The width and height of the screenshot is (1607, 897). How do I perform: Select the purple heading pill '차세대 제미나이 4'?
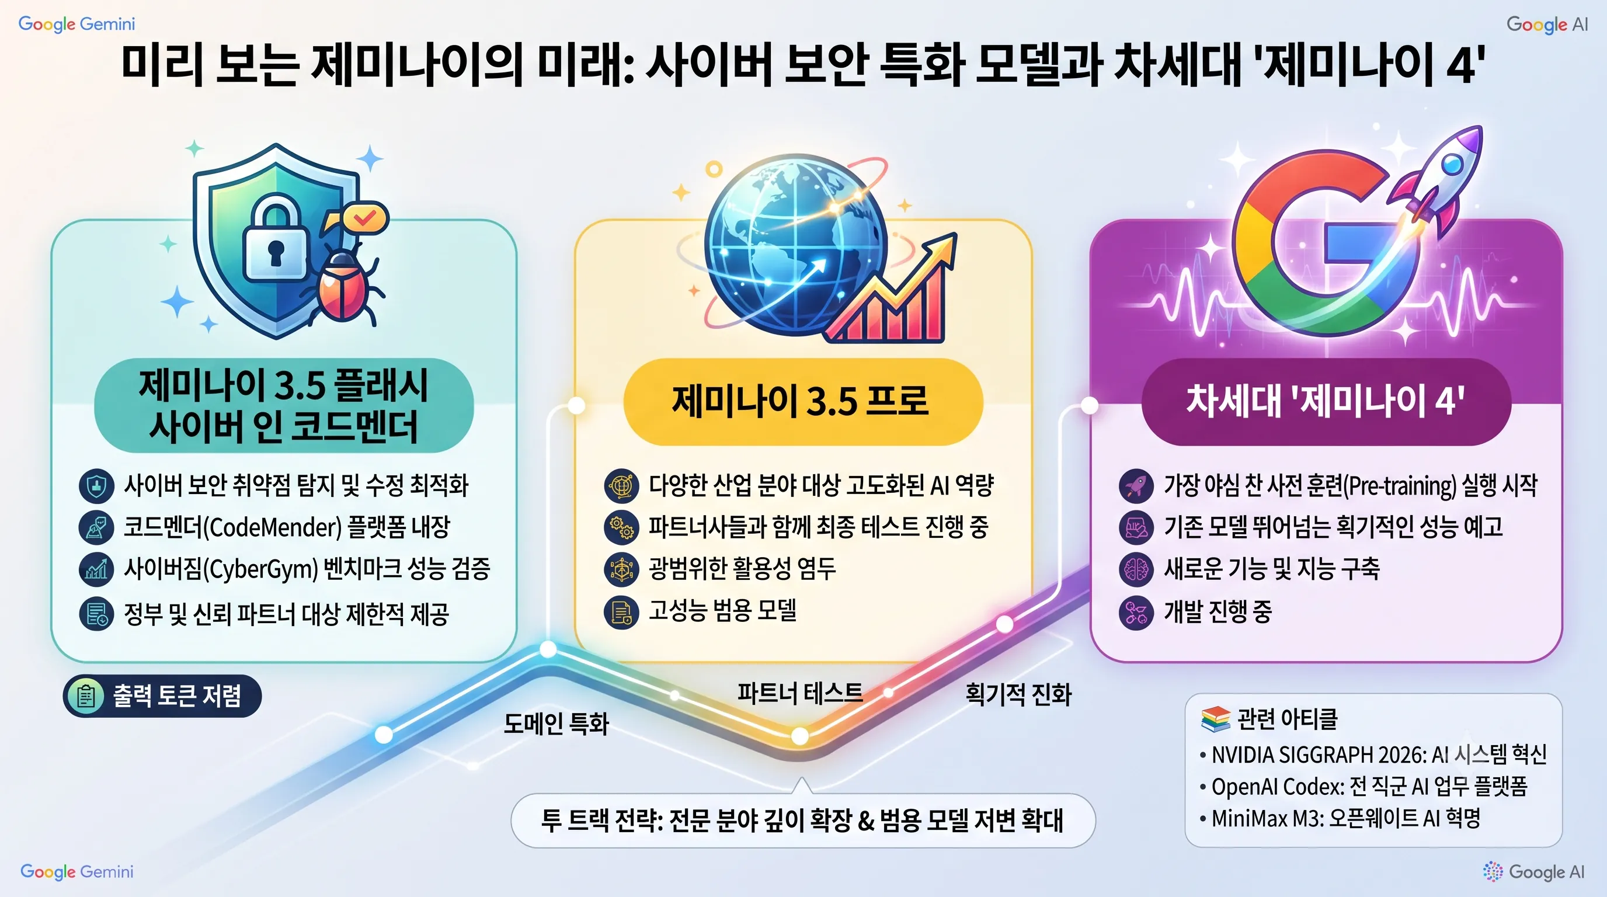(1326, 401)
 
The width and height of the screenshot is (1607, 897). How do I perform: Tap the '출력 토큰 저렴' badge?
(162, 696)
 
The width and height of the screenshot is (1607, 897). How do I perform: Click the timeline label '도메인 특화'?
(556, 724)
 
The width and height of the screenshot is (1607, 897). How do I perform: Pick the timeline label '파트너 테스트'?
(801, 693)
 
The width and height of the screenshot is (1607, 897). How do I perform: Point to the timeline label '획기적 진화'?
(1019, 694)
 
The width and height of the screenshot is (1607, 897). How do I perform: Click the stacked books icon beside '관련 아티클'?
(1215, 719)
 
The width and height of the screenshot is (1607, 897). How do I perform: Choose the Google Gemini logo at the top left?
(76, 25)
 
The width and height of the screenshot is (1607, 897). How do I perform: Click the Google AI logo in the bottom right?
(1534, 871)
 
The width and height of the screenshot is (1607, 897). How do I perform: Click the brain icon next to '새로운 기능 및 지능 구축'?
(1136, 569)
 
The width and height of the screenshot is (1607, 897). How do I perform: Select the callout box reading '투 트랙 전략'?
(803, 820)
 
